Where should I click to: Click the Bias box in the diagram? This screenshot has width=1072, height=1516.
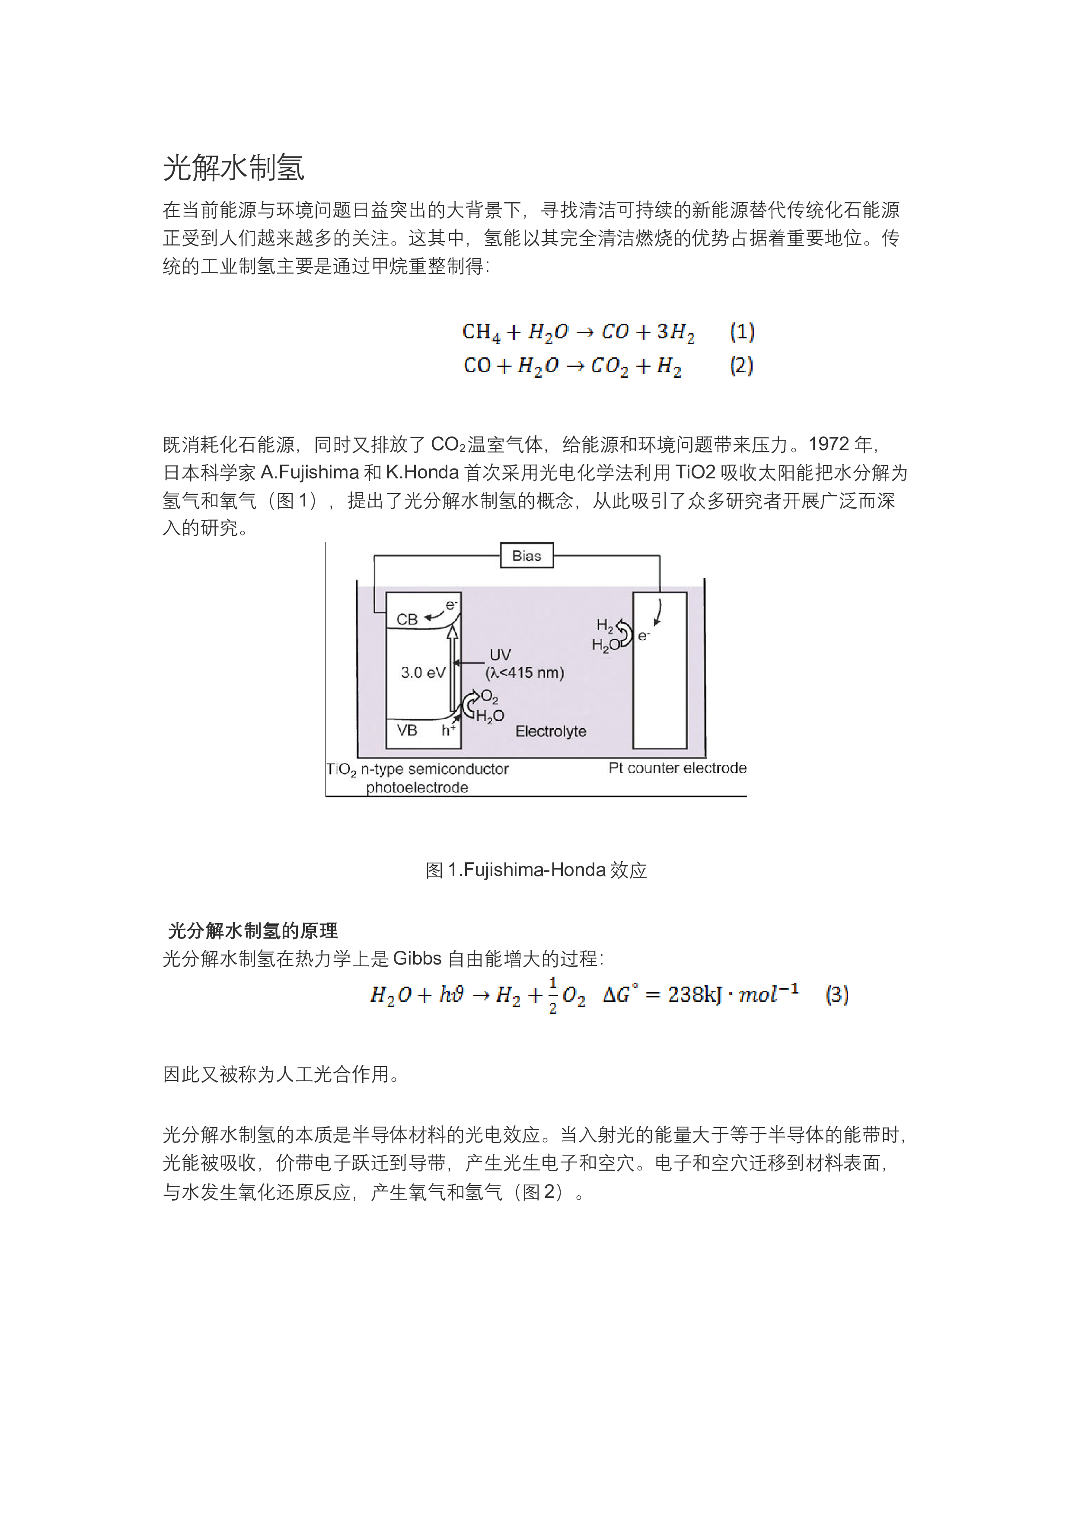click(x=526, y=555)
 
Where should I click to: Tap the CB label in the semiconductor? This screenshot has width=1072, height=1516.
click(x=407, y=619)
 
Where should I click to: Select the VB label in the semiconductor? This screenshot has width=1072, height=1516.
click(x=407, y=730)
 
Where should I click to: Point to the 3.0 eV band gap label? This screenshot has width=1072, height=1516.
click(x=423, y=673)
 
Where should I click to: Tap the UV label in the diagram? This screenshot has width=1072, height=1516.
click(x=500, y=655)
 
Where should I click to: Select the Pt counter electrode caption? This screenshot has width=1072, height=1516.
click(x=678, y=768)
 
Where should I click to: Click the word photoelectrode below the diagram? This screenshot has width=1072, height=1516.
click(x=418, y=788)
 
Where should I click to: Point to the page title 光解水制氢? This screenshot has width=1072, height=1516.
click(x=234, y=168)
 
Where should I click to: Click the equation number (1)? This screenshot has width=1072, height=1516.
click(x=742, y=331)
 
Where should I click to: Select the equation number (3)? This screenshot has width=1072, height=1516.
click(x=837, y=994)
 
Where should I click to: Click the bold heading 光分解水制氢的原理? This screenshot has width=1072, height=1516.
click(x=253, y=931)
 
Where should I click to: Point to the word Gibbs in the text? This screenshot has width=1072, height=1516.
click(x=418, y=959)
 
